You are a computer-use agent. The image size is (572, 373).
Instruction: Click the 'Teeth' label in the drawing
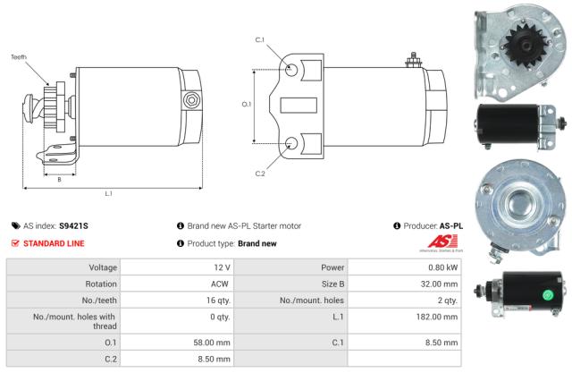19,57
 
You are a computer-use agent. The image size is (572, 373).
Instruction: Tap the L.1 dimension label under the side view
108,193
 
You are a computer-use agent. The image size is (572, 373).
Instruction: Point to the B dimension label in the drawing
59,179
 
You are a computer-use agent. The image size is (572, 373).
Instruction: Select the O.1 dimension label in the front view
248,105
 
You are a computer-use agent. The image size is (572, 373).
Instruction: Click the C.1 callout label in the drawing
260,40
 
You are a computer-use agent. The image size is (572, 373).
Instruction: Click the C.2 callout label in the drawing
260,172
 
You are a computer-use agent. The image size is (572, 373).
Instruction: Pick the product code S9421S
73,226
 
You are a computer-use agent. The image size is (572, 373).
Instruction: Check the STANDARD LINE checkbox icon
16,243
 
